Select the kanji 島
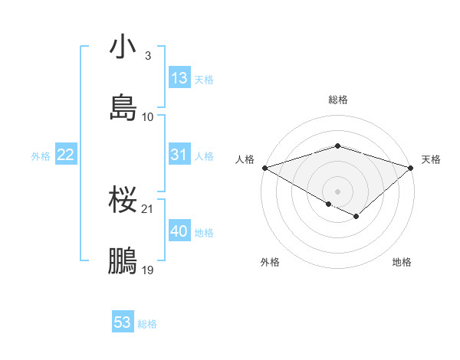click(123, 107)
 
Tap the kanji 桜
click(123, 200)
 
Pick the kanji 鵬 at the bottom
click(123, 261)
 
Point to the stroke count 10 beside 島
click(148, 116)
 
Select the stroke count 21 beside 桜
click(148, 208)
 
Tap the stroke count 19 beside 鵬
click(148, 270)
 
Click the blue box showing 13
click(179, 78)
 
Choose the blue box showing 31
click(179, 155)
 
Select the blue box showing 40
click(179, 231)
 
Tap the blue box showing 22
click(66, 155)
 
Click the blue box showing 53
click(123, 322)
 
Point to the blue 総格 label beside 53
click(147, 324)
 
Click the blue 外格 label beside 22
click(41, 156)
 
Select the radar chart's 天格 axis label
click(431, 159)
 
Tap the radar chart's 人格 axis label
click(244, 159)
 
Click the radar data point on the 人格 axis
click(264, 167)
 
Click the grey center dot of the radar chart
click(337, 190)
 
